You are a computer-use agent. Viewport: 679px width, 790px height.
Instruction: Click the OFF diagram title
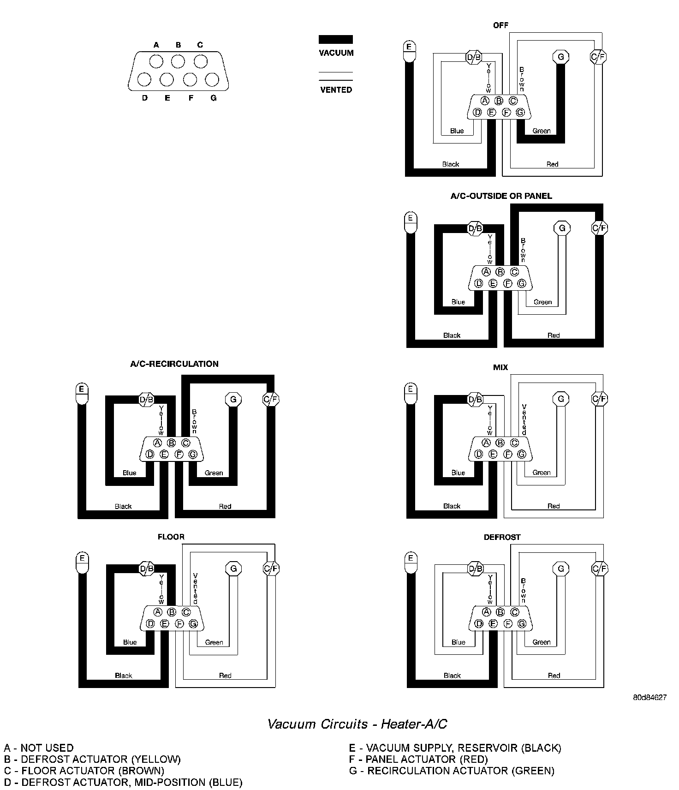[500, 25]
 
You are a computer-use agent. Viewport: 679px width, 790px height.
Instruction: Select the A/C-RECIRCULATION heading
[174, 364]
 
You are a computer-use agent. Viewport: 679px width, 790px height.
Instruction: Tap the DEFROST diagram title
[502, 537]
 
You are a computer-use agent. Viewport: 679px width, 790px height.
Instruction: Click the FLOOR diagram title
[171, 537]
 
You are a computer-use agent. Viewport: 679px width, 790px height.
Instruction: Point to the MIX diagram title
[500, 367]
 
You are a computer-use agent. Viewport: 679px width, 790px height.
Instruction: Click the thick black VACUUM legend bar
[336, 40]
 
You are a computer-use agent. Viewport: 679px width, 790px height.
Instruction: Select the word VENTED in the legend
[336, 90]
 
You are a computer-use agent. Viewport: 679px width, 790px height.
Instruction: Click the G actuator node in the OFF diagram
[561, 57]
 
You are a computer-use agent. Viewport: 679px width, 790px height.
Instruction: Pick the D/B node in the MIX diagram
[475, 400]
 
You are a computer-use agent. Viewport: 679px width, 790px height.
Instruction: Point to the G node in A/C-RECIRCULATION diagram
[233, 399]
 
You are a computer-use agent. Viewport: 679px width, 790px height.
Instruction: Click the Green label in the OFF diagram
[542, 131]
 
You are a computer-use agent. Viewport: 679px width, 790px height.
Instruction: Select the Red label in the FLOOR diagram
[225, 676]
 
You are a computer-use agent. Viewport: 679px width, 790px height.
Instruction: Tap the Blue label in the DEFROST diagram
[459, 642]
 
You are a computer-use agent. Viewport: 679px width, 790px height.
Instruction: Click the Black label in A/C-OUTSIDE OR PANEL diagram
[452, 335]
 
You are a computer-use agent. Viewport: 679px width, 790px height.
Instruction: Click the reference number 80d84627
[649, 697]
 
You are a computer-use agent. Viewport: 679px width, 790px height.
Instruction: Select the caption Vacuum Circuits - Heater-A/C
[357, 724]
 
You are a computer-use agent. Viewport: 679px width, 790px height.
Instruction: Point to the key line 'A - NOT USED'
[39, 748]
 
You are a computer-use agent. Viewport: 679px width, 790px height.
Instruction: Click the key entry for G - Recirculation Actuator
[452, 771]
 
